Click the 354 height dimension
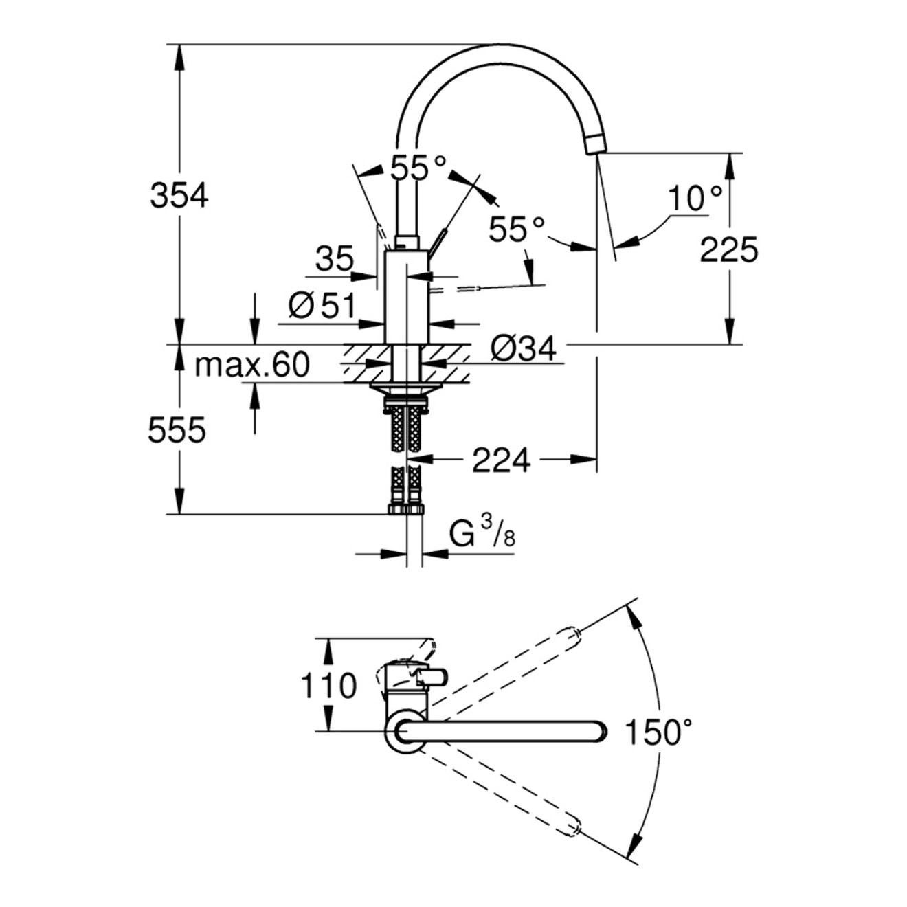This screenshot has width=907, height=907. pos(179,197)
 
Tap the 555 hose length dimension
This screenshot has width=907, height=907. pos(177,431)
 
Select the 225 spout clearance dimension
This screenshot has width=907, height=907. pos(729,249)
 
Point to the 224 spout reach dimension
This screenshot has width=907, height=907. pos(501,460)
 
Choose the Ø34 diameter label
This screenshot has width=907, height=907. pos(523,349)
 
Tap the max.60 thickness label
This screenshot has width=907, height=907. pos(252,365)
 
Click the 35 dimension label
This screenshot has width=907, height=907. pos(335,259)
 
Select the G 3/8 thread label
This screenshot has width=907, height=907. pos(482,533)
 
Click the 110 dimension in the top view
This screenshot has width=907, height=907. pos(329,685)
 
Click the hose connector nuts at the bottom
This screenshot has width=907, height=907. pos(406,509)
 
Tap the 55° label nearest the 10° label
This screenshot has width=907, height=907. pos(516,229)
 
